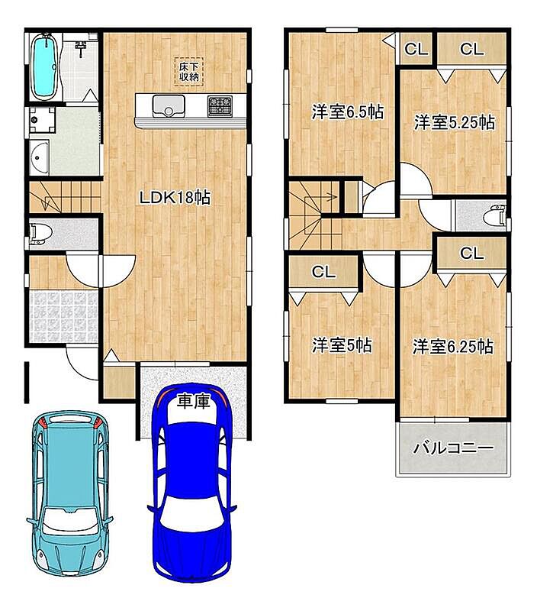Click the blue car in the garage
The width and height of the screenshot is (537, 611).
coord(192,483)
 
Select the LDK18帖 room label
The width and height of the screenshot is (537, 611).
coord(175,198)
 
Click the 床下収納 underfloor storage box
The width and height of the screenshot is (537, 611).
coord(188,72)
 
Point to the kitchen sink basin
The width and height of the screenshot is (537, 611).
coord(169,106)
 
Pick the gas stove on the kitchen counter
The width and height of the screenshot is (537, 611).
coord(220,106)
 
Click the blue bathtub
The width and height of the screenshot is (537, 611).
coord(45,67)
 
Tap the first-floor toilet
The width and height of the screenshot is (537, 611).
coord(40,234)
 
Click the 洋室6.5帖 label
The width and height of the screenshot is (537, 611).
coord(348,112)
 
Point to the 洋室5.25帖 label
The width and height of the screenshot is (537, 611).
coord(454,122)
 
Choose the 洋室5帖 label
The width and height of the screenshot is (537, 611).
coord(342,345)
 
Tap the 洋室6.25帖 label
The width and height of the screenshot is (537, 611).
coord(453,347)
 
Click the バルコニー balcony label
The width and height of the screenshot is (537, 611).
coord(453,448)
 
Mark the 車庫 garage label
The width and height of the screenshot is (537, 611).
coord(194,401)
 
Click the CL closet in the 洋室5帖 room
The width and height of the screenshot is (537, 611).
coord(323,272)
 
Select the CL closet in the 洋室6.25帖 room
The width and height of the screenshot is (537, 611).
coord(471,254)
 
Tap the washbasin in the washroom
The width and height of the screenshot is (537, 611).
coord(39,158)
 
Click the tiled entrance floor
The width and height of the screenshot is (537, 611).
coord(63,316)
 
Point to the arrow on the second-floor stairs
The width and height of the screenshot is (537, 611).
coord(321,197)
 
